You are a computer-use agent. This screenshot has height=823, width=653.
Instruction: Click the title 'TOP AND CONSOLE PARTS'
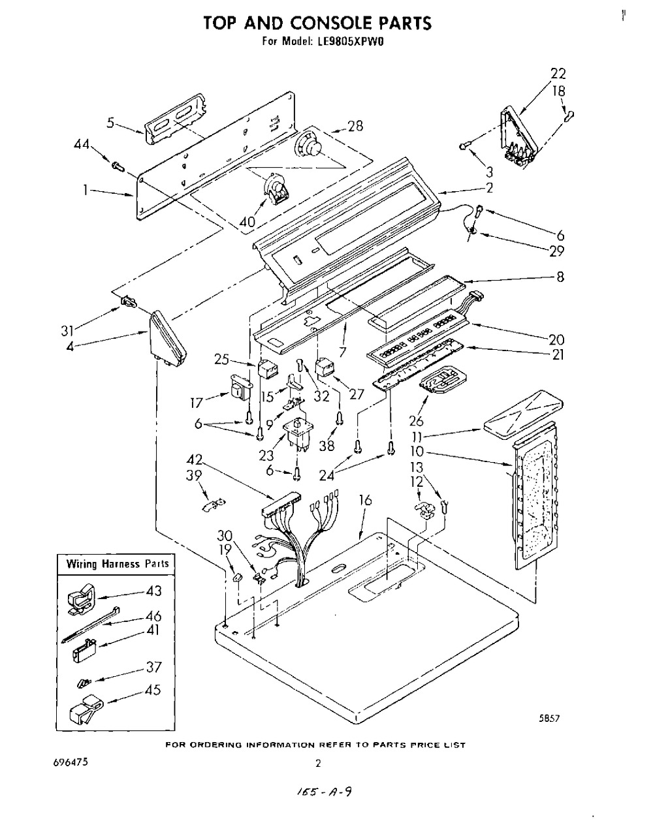point(317,23)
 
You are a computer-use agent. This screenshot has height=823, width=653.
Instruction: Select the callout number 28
point(355,125)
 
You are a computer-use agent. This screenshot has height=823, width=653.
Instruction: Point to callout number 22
point(558,74)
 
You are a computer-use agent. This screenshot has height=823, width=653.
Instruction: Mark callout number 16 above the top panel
point(366,501)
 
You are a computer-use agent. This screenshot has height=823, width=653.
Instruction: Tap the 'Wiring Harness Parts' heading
point(117,563)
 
